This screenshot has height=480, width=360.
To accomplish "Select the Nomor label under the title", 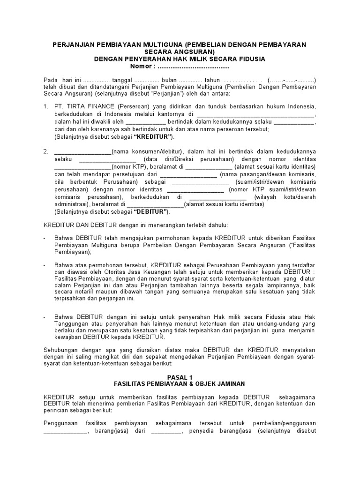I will click(x=142, y=66).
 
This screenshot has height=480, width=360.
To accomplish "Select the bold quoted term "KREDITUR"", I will click(x=153, y=137).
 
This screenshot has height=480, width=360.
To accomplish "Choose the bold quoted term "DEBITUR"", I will click(x=152, y=212).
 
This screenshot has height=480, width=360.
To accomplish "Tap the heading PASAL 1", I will click(x=180, y=376).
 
